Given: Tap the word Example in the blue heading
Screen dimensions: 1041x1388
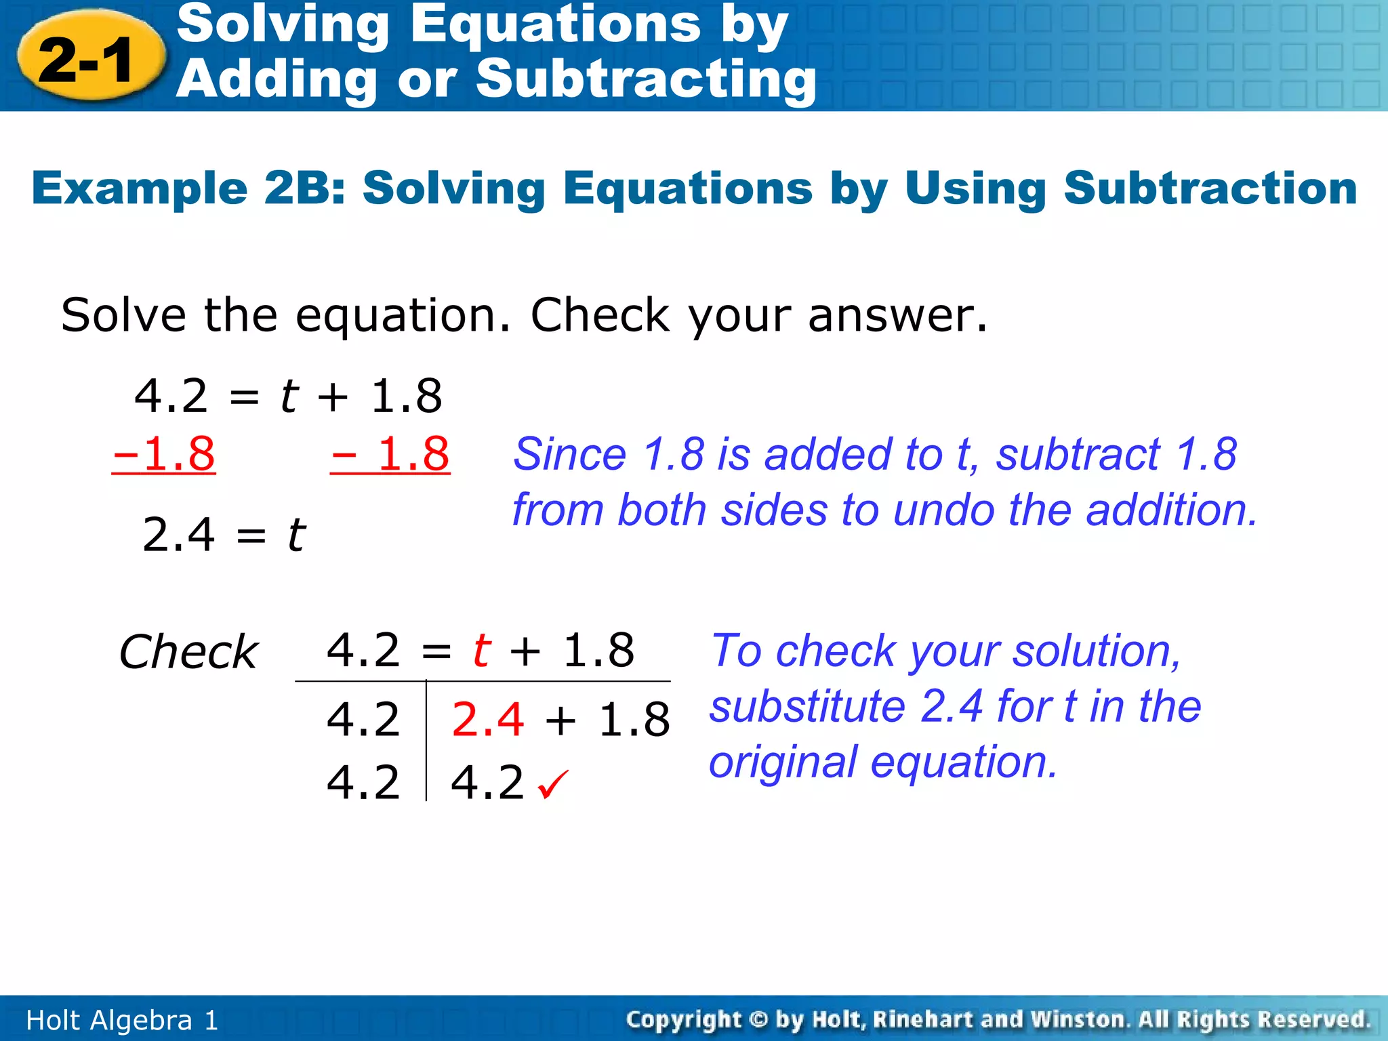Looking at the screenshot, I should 140,188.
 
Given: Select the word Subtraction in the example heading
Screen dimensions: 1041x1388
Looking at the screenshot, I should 1210,188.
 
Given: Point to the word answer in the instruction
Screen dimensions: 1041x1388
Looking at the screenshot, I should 897,316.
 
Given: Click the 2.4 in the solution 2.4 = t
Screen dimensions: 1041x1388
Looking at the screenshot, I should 178,534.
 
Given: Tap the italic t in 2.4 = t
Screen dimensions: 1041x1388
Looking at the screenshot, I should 296,534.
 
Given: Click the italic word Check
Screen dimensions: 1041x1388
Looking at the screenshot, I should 188,652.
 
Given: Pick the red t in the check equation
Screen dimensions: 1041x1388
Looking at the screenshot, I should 481,650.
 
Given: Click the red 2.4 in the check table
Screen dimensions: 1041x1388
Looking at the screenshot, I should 487,719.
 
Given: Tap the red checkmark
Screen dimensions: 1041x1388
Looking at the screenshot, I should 553,784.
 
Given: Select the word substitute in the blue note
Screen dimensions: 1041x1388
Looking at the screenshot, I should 807,706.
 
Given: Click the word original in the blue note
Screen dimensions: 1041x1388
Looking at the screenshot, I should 782,762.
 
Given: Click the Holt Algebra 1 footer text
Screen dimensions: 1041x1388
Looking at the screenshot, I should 122,1020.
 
